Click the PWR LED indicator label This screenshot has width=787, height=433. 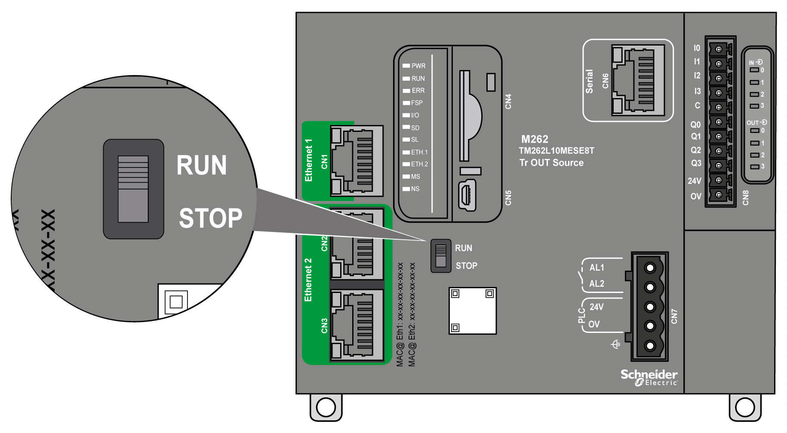[418, 66]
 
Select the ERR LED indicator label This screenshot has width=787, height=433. [418, 91]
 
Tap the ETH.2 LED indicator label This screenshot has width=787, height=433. [419, 164]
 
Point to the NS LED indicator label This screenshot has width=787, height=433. [415, 189]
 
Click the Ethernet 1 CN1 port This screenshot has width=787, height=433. [357, 161]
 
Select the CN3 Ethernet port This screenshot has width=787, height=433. [357, 325]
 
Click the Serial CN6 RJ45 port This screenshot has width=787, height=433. [638, 80]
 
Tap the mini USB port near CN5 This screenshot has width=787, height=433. [467, 195]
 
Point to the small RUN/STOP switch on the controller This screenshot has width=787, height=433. [441, 256]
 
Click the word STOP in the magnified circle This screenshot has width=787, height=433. [210, 218]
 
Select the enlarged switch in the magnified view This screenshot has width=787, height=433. [133, 189]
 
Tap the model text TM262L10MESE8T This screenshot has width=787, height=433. [556, 151]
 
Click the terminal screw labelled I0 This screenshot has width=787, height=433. [718, 49]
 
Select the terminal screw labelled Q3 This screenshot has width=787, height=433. [718, 165]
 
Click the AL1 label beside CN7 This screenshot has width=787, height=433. [596, 267]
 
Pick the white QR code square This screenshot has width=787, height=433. [473, 311]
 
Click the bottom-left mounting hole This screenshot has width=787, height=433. [326, 407]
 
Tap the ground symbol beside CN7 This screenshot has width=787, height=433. [616, 344]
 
